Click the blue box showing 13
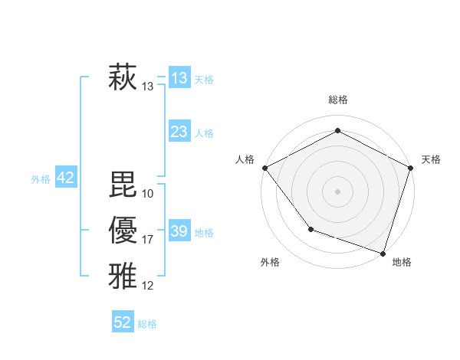point(179,78)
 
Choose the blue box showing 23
point(179,132)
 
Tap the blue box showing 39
point(179,231)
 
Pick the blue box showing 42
point(65,178)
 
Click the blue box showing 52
point(123,322)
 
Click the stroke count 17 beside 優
point(148,241)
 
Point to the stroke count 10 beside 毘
point(148,193)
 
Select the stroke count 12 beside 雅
point(148,286)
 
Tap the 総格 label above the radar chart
point(338,100)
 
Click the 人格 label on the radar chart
point(245,159)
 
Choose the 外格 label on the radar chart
point(270,262)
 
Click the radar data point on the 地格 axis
point(383,252)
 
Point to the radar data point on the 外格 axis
point(310,228)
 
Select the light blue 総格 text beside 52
point(147,323)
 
